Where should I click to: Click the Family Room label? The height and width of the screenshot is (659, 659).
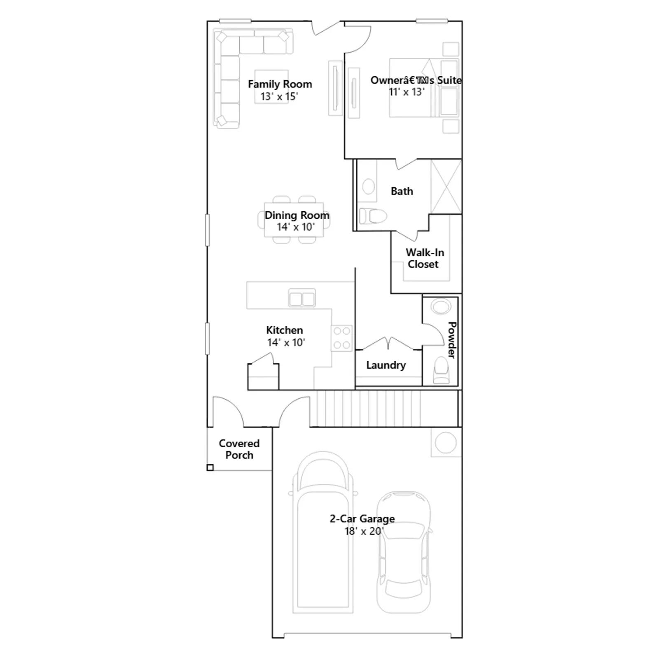pyautogui.click(x=280, y=84)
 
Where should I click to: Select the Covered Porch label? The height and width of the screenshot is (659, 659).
pyautogui.click(x=239, y=449)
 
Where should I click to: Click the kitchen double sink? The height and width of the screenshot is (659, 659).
pyautogui.click(x=302, y=298)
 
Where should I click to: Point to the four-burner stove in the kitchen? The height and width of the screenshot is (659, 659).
pyautogui.click(x=342, y=338)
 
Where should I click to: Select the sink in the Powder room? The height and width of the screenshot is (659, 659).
pyautogui.click(x=441, y=306)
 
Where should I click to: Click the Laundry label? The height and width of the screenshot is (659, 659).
pyautogui.click(x=386, y=365)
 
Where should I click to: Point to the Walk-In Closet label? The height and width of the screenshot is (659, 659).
pyautogui.click(x=424, y=258)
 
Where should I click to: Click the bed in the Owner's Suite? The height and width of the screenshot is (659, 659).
pyautogui.click(x=423, y=88)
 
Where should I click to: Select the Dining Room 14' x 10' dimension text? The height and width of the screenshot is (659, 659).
pyautogui.click(x=296, y=227)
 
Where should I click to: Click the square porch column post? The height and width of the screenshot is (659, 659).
pyautogui.click(x=210, y=467)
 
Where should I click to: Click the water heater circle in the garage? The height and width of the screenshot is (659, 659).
pyautogui.click(x=446, y=443)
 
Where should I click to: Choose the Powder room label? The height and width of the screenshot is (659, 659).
pyautogui.click(x=452, y=340)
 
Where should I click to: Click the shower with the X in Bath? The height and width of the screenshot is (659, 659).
pyautogui.click(x=446, y=187)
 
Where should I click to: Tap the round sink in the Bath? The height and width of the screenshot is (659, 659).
pyautogui.click(x=369, y=187)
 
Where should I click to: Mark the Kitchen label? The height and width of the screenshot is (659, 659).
pyautogui.click(x=285, y=330)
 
